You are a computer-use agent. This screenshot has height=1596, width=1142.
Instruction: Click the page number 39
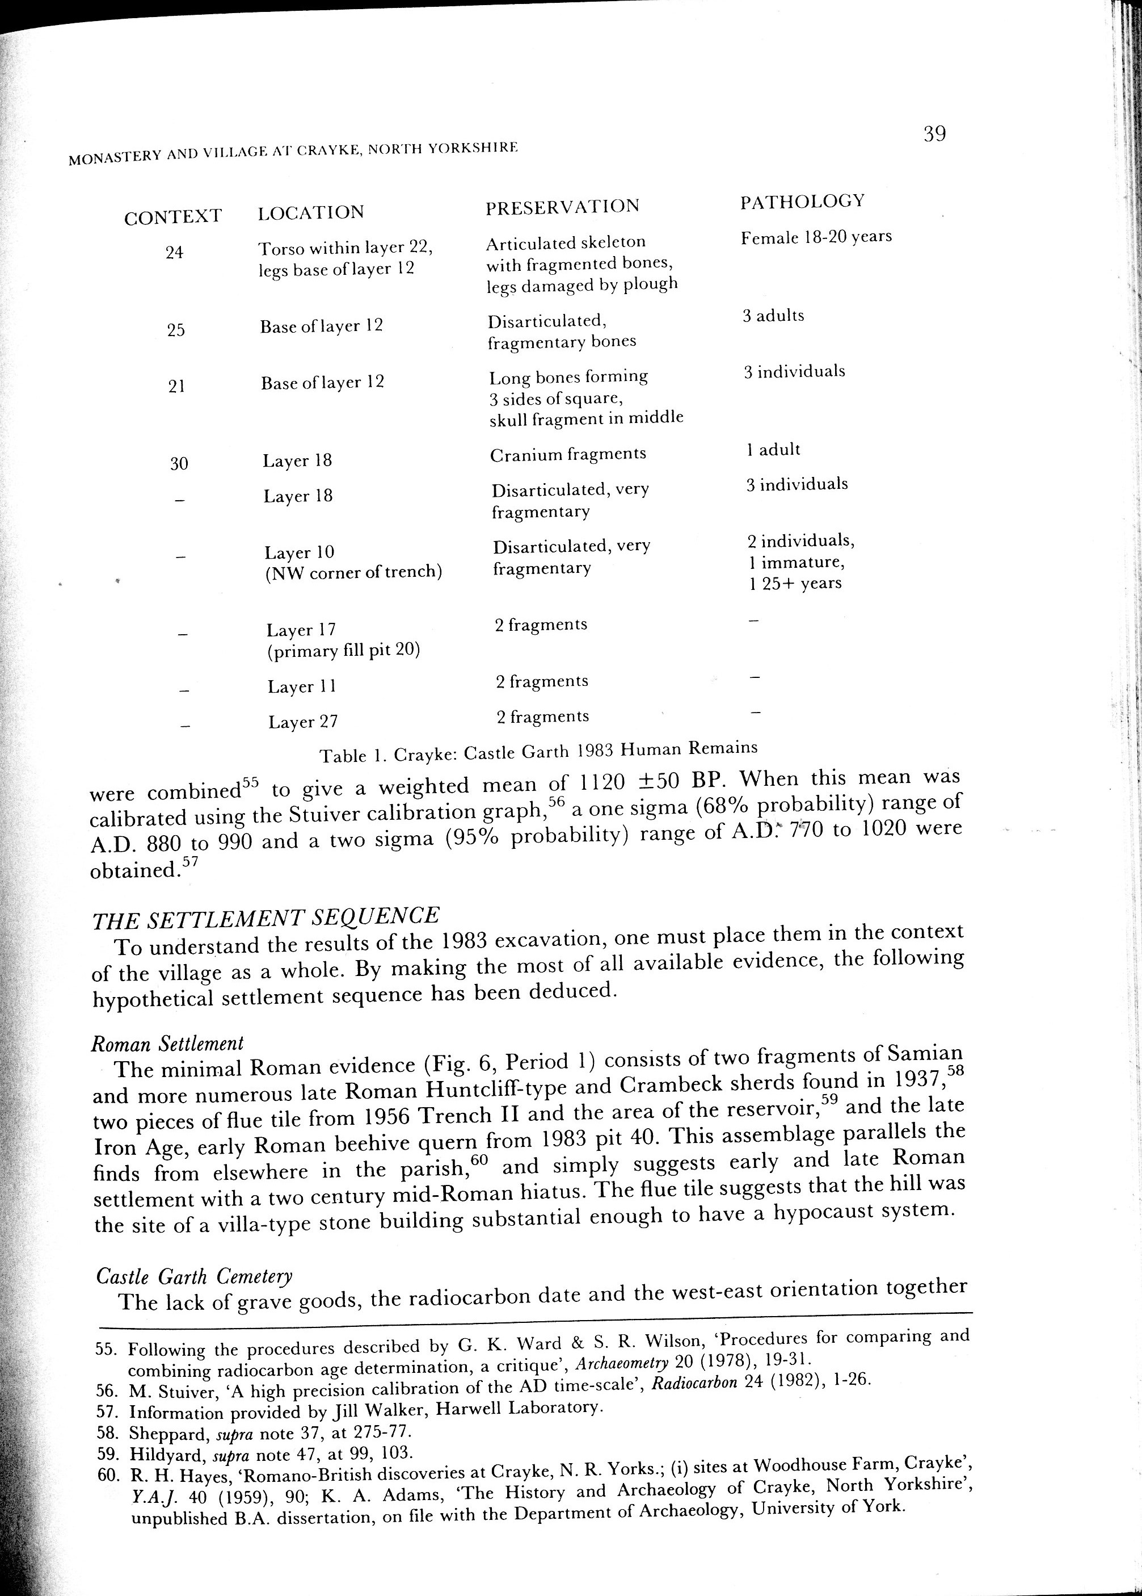[x=934, y=133]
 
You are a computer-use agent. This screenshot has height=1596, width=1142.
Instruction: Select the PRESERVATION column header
[x=563, y=206]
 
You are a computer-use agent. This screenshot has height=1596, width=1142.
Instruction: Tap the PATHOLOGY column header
[x=802, y=201]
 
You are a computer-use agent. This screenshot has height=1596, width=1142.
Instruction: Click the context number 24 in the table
[x=174, y=252]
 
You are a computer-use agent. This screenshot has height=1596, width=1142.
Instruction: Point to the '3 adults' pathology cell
[x=773, y=315]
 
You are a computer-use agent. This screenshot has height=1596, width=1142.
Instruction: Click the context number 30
[x=179, y=463]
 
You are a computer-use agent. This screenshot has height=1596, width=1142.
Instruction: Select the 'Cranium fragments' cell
[x=567, y=454]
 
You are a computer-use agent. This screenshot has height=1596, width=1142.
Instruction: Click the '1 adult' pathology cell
[x=773, y=449]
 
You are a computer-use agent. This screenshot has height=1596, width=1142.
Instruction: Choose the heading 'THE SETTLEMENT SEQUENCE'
[x=266, y=917]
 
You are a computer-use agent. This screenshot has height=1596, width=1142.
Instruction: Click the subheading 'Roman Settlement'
[x=168, y=1043]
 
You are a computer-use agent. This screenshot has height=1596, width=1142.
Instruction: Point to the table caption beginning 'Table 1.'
[x=538, y=752]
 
